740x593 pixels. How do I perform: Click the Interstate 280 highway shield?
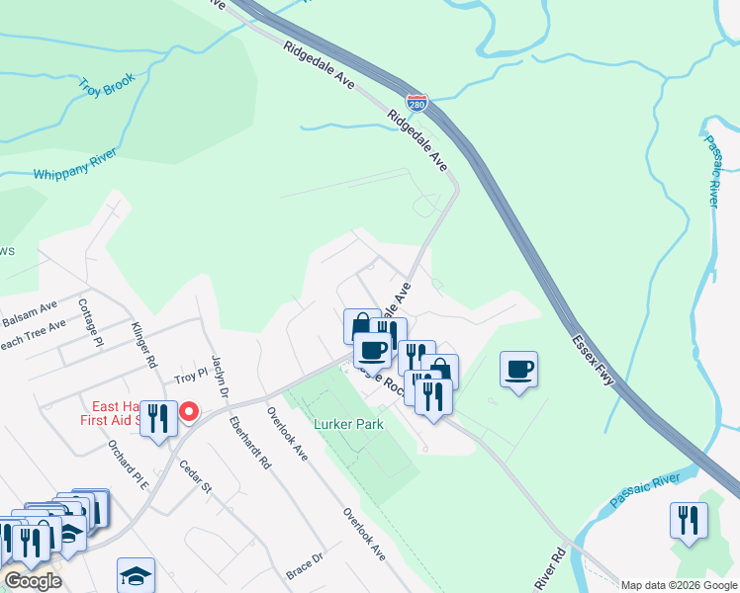(417, 101)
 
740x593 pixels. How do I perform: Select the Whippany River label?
(75, 163)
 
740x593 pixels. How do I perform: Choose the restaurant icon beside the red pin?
(158, 418)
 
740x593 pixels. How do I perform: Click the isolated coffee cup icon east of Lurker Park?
(519, 370)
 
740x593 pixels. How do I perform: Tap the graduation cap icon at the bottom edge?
(137, 575)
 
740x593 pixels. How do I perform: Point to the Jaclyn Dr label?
(220, 378)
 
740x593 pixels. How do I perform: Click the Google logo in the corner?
(33, 581)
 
